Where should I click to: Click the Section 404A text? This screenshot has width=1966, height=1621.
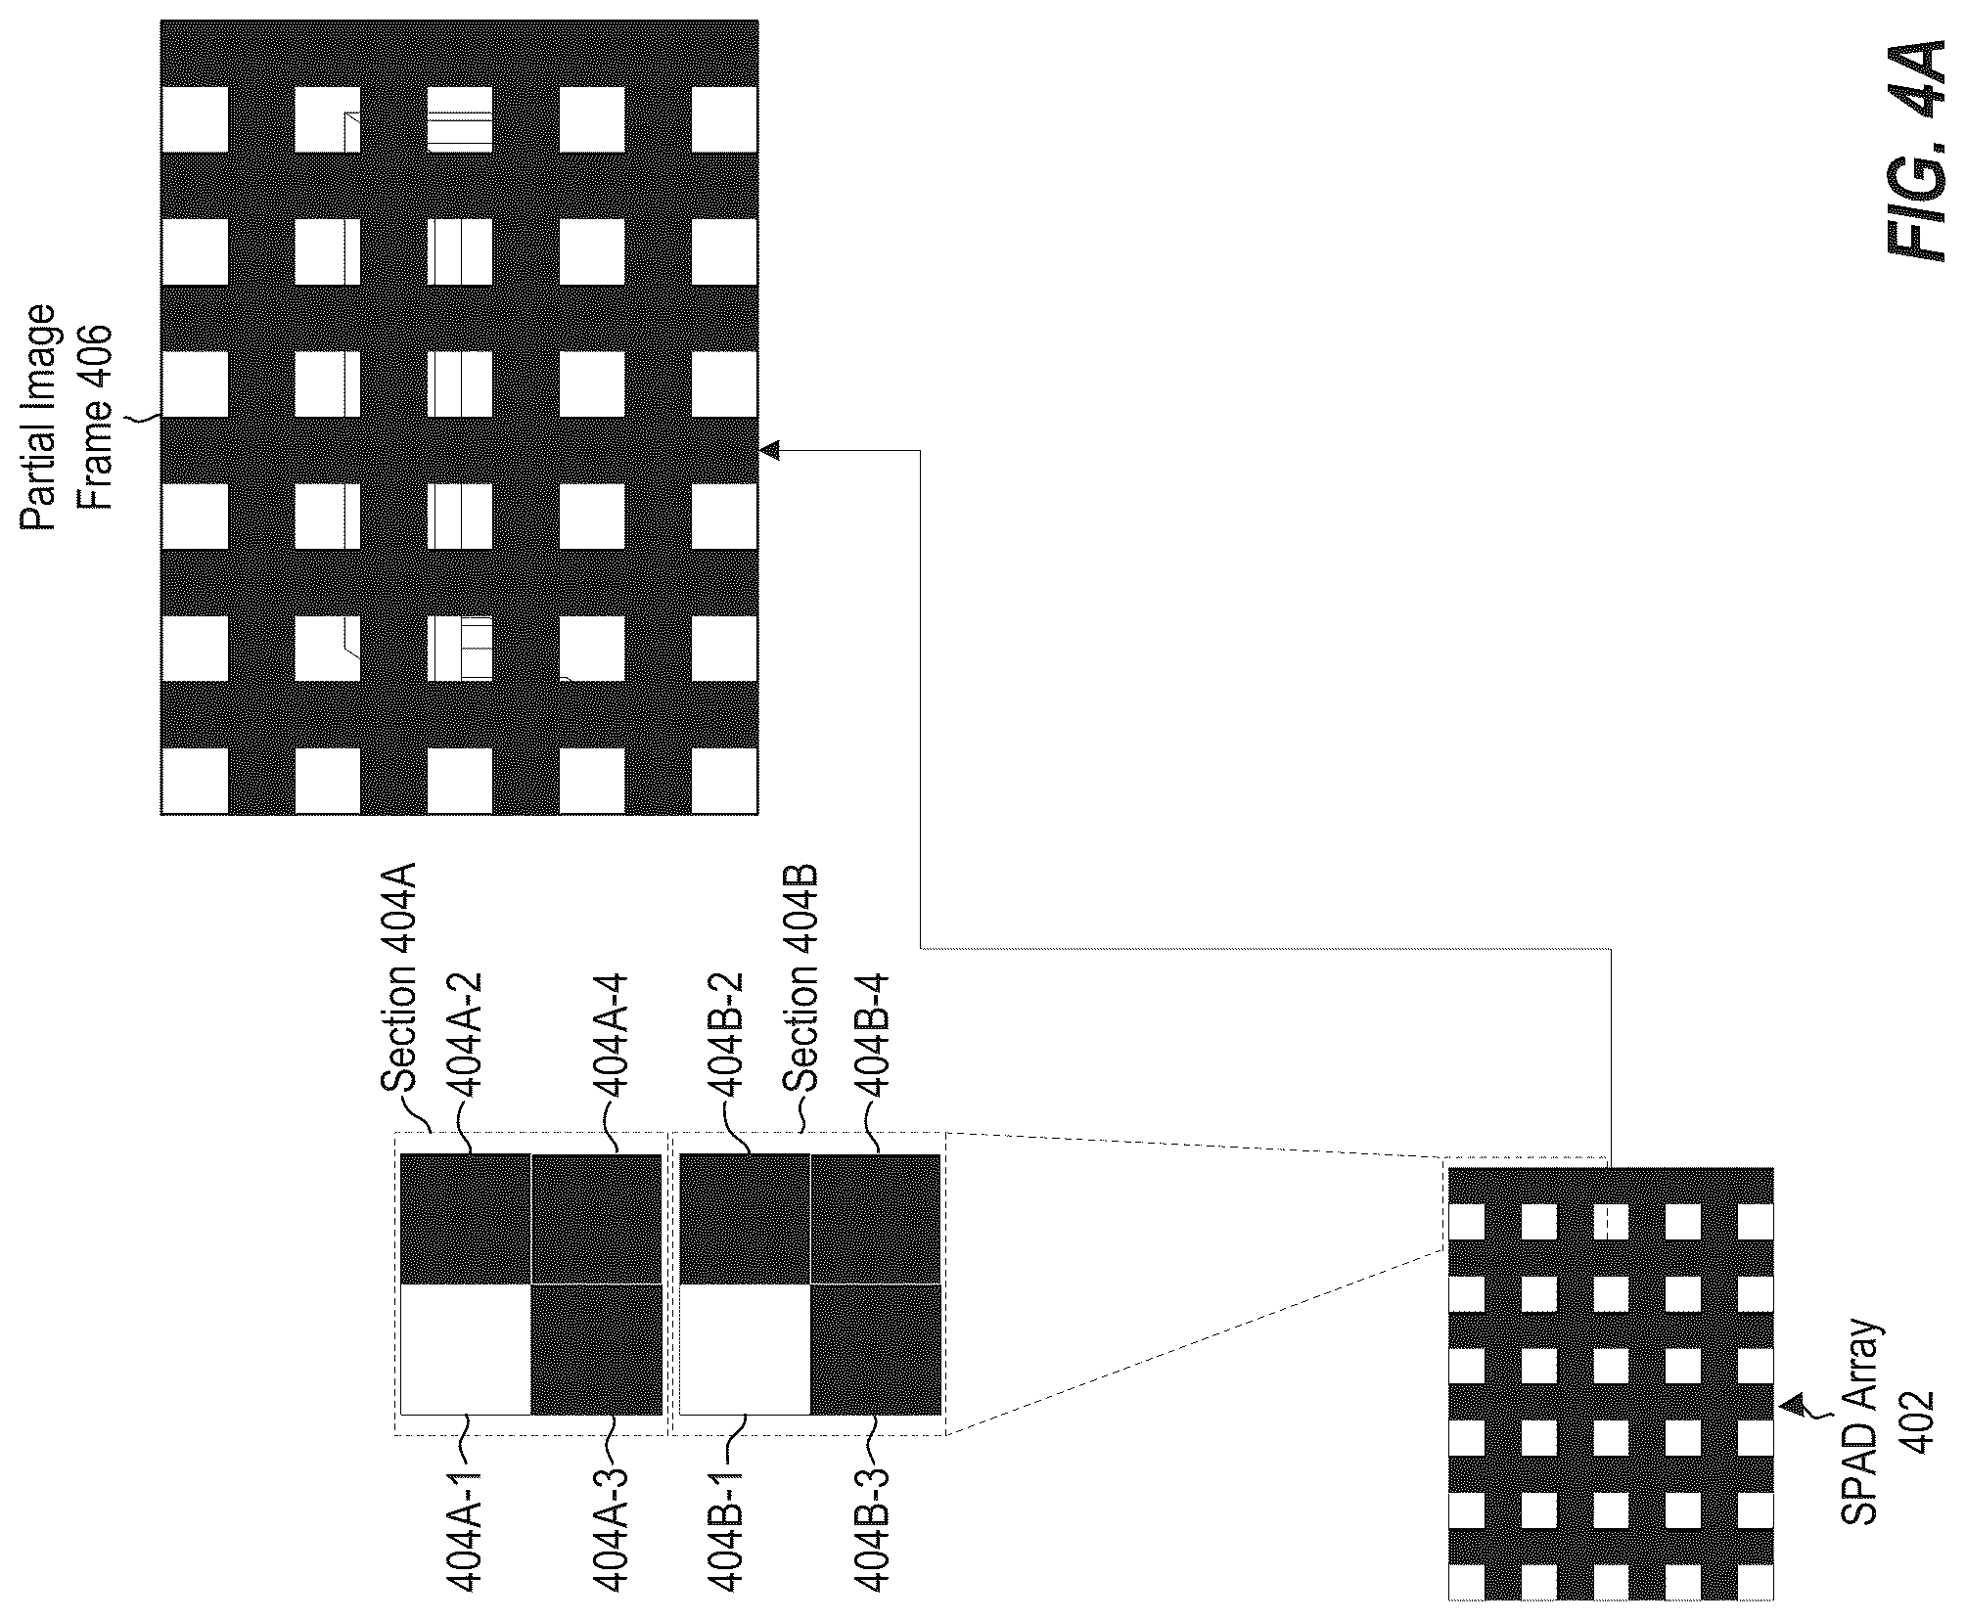coord(398,978)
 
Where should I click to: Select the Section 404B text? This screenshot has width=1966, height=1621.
coord(800,979)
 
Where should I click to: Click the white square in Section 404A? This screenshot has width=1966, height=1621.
coord(466,1349)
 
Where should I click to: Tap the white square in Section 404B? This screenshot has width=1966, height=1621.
coord(745,1349)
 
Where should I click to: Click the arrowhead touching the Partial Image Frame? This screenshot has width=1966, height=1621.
coord(769,450)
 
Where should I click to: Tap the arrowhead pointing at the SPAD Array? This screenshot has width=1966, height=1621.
coord(1792,1406)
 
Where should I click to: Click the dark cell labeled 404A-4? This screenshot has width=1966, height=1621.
coord(597,1219)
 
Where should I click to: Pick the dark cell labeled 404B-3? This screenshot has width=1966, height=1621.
coord(876,1349)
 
